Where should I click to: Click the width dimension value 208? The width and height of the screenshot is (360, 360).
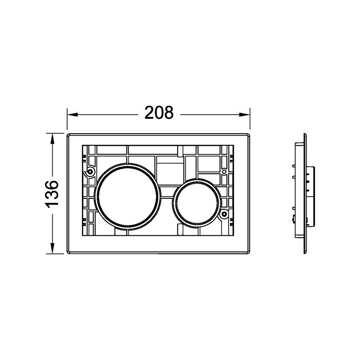pos(159,113)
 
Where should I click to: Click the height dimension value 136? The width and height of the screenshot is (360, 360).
pos(52,194)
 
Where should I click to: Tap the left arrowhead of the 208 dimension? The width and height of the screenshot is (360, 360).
pos(73,115)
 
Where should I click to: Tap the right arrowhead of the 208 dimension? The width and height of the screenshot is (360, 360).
pos(244,115)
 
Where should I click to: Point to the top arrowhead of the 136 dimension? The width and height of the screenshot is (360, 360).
pos(52,139)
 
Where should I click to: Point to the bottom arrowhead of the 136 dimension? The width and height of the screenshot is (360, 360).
pos(52,248)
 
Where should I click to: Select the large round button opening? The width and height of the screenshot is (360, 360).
pos(128,196)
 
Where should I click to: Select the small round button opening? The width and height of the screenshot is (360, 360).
pos(197,203)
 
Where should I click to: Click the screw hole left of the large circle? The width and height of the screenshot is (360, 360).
pos(90,171)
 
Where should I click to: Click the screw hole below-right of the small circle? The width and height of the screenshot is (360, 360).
pos(224,214)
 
